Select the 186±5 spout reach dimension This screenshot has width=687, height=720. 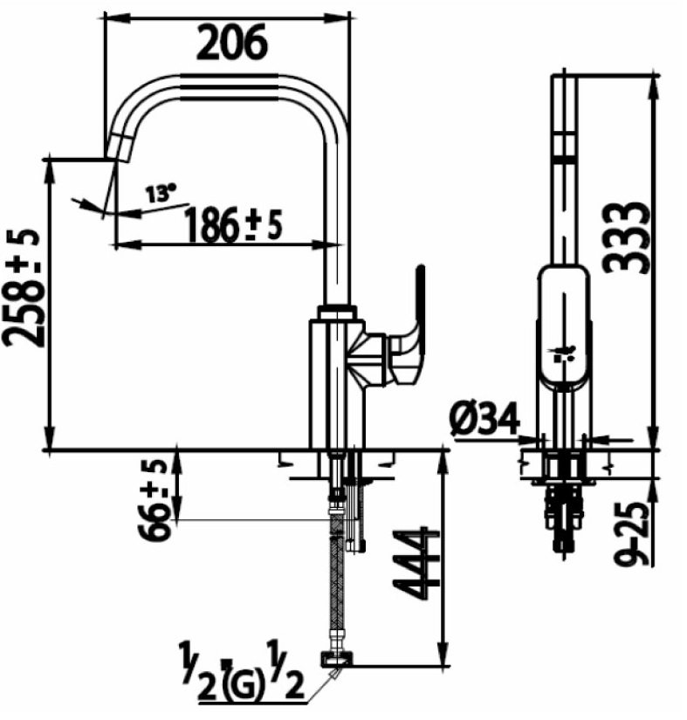pyautogui.click(x=233, y=226)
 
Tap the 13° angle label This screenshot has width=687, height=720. pyautogui.click(x=161, y=193)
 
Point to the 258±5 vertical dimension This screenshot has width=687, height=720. pyautogui.click(x=24, y=288)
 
